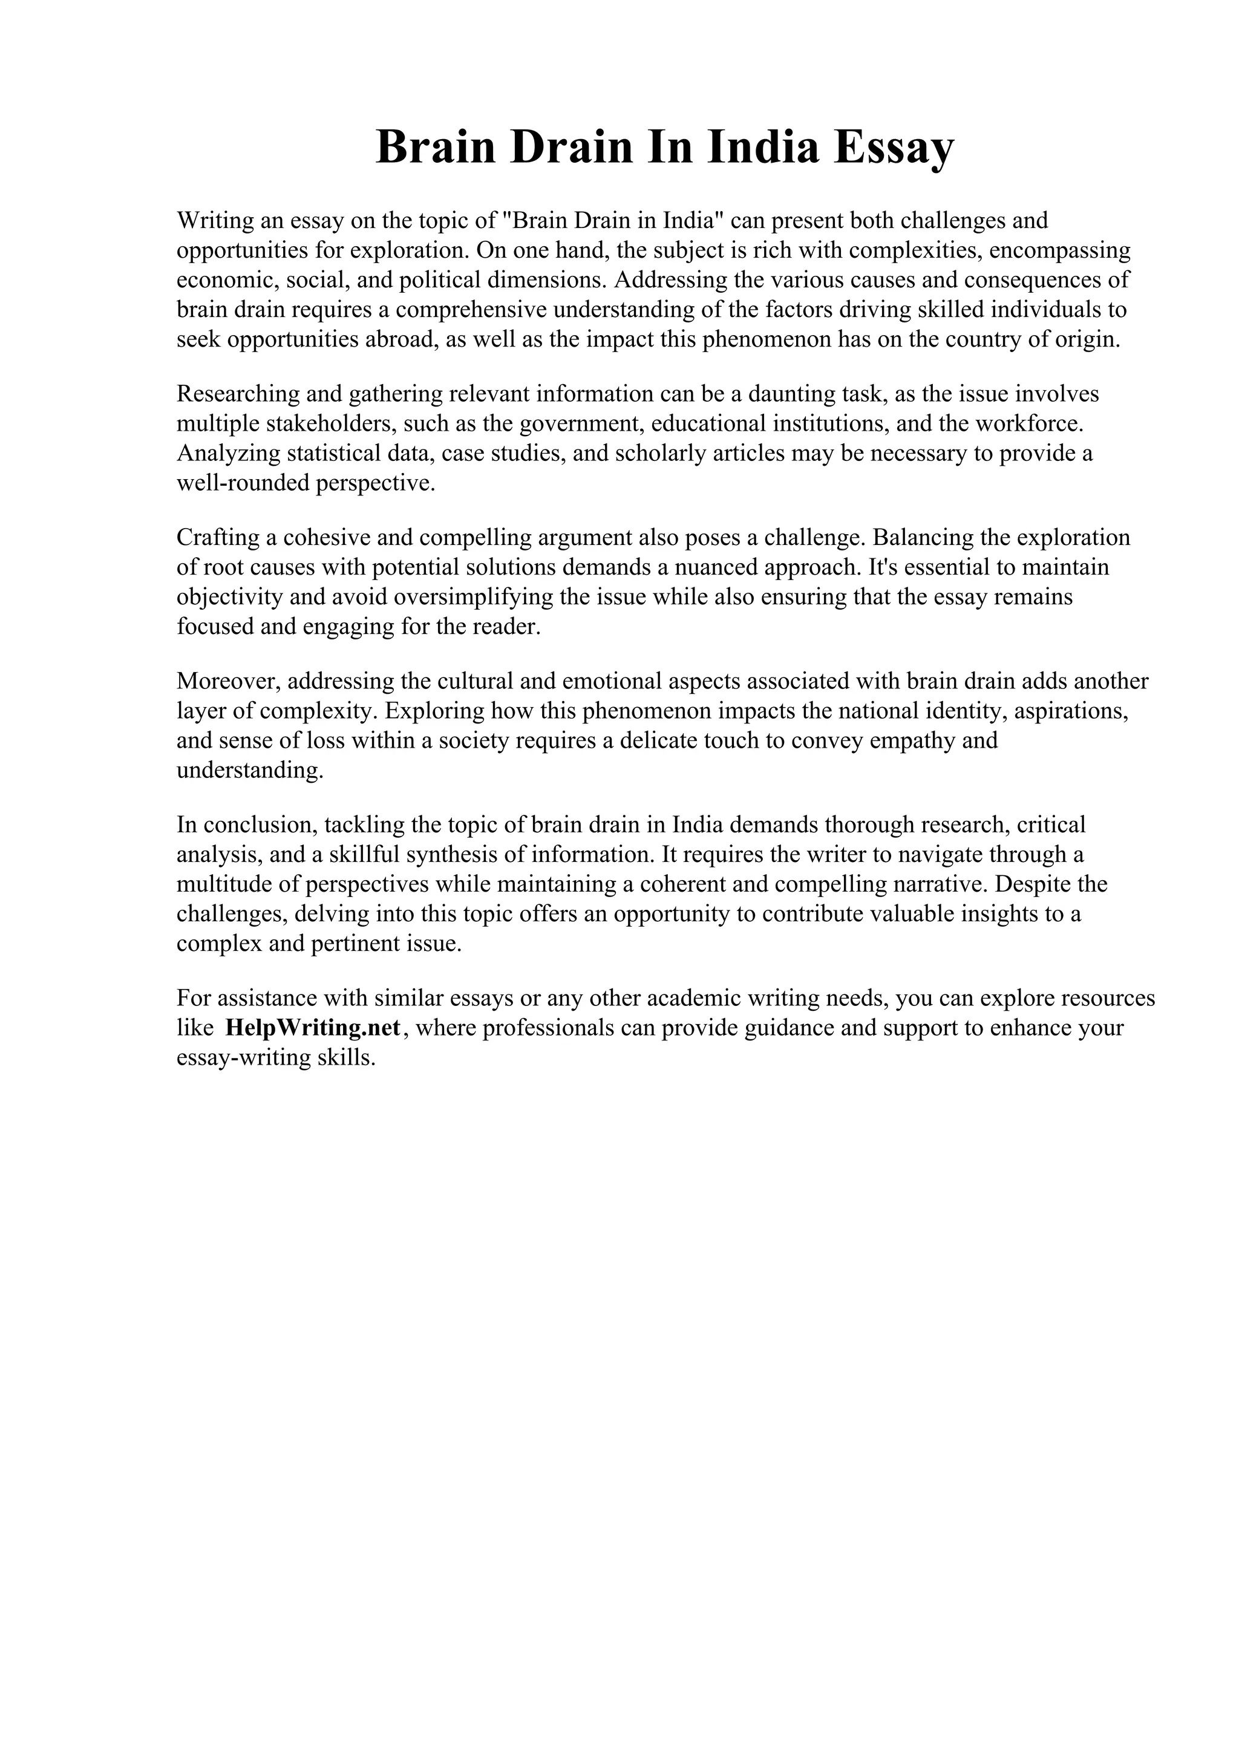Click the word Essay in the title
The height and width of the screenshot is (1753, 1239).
(893, 148)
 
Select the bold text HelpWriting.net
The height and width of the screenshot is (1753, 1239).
(313, 1028)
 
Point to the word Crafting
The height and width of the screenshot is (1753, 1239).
(218, 538)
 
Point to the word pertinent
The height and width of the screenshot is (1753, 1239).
(355, 944)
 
